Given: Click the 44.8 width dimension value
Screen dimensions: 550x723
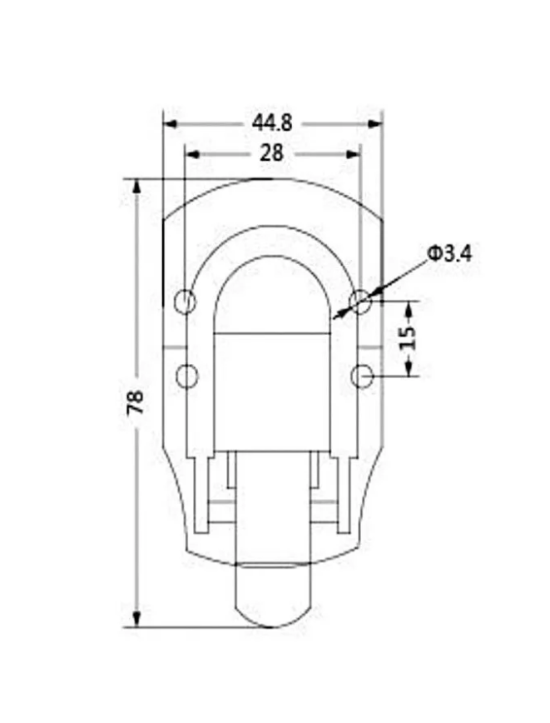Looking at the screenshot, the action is (272, 123).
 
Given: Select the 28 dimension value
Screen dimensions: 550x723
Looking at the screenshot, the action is (272, 153).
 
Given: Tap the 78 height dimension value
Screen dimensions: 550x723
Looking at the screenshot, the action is (136, 402).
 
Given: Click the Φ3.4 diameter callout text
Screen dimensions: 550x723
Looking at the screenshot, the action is (449, 253).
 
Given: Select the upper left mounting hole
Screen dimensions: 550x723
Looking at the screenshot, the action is (186, 302).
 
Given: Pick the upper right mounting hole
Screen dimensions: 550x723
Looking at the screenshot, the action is (360, 302).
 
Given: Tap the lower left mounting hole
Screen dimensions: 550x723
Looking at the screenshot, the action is (187, 376).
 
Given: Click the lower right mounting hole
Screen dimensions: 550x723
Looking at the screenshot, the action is (362, 376).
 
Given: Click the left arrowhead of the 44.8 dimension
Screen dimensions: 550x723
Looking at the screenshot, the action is (171, 124).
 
